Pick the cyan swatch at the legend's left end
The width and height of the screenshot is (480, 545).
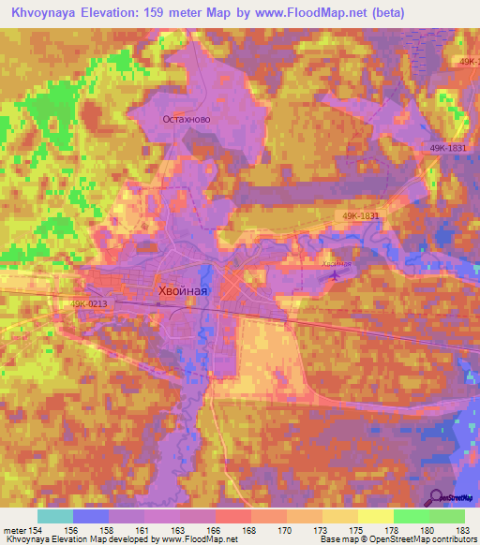pyautogui.click(x=55, y=516)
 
